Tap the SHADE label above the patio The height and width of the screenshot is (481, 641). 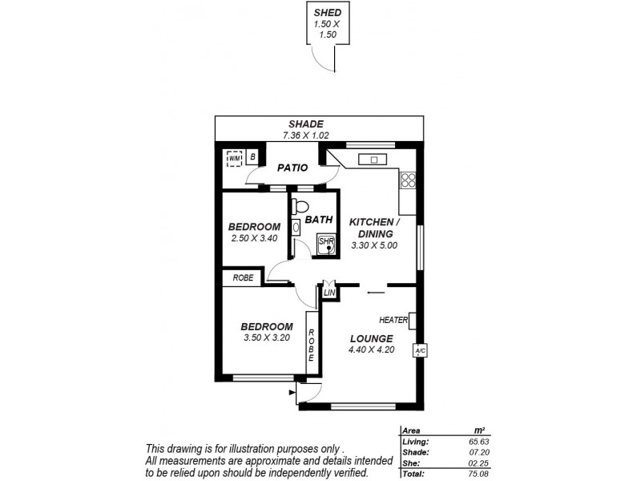(x=306, y=124)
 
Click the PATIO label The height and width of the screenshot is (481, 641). (x=293, y=168)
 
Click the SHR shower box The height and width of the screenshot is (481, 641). (x=327, y=243)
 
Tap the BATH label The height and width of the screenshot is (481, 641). (x=318, y=219)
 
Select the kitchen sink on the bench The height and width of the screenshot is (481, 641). (x=373, y=159)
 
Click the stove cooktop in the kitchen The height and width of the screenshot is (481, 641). (x=408, y=180)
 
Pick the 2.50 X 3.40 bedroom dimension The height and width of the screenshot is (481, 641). (x=253, y=238)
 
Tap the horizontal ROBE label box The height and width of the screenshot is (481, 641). (x=244, y=278)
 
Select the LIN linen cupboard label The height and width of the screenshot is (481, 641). (x=329, y=293)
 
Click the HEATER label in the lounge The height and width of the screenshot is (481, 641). (x=394, y=321)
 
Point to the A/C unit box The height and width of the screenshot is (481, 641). (x=419, y=350)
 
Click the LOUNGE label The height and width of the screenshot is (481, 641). (x=370, y=338)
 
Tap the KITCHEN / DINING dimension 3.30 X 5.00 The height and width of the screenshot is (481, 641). (x=374, y=245)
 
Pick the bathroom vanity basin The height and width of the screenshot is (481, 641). (x=296, y=228)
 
